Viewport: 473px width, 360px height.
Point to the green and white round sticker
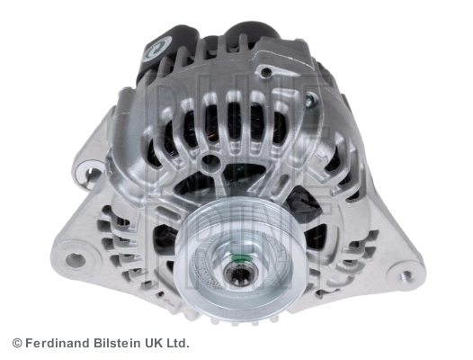[156, 49]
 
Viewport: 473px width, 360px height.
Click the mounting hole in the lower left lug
[76, 260]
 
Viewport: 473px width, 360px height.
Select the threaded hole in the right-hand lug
[408, 275]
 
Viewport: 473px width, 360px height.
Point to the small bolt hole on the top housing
[267, 72]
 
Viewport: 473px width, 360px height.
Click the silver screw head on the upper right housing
[310, 100]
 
